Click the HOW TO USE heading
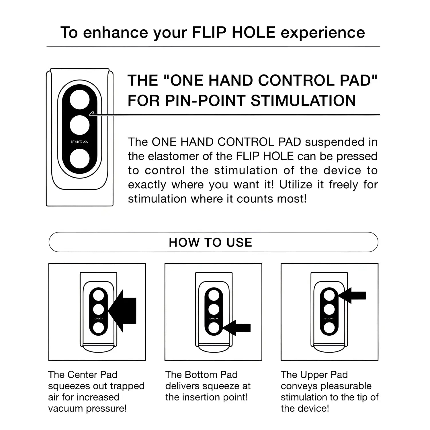tap(210, 243)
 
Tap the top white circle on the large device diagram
tap(80, 100)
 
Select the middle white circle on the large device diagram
tap(80, 125)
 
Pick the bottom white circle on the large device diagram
tap(80, 159)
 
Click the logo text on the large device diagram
tap(79, 142)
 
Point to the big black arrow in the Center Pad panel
tap(123, 311)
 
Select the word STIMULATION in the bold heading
tap(303, 101)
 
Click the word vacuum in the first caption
tap(66, 408)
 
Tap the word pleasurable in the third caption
tap(346, 386)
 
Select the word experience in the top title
tap(322, 32)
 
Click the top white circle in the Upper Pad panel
tap(329, 296)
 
